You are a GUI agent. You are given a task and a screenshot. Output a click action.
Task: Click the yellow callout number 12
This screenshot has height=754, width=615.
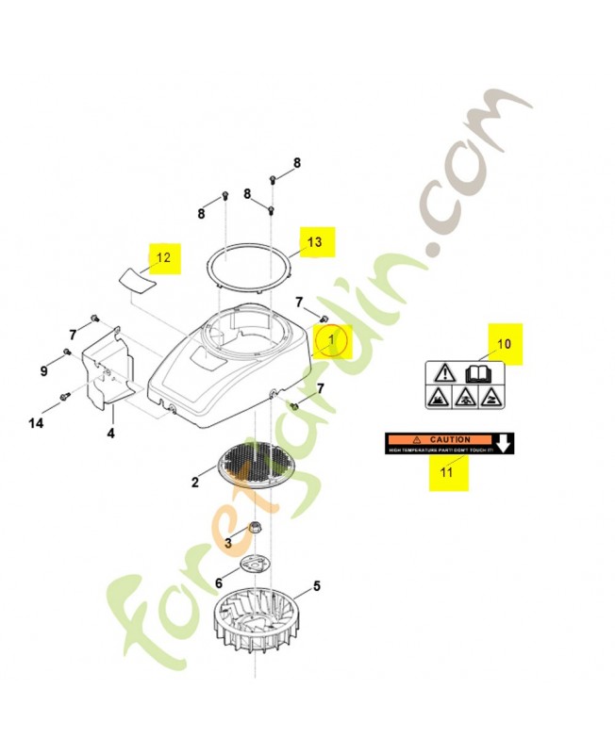pos(164,256)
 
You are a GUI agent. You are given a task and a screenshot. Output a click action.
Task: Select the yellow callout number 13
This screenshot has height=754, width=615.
pos(315,242)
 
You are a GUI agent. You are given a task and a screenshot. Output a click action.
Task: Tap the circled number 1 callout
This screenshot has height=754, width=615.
pos(332,339)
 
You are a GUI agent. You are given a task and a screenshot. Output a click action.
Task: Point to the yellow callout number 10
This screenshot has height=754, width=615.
pos(504,344)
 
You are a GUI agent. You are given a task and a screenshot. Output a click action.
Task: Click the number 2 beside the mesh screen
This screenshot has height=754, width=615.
pos(195,483)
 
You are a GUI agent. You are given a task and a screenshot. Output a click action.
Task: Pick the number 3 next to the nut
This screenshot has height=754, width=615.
pos(227,542)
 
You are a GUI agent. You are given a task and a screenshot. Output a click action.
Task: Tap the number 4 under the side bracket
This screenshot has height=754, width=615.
pos(110,434)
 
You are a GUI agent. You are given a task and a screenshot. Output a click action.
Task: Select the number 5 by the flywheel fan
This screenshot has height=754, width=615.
pos(317,586)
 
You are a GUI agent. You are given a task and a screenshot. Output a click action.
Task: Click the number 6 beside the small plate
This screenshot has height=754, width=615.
pos(219,583)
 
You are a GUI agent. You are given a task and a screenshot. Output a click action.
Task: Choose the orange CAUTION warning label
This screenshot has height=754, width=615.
pos(439,439)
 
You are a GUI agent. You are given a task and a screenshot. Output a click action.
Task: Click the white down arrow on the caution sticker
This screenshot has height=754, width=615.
pos(506,443)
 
